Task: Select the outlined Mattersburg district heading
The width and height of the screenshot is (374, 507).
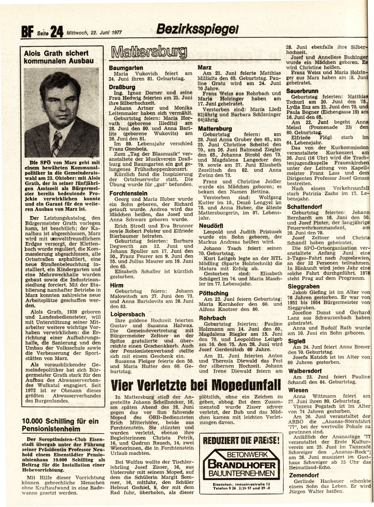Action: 149,53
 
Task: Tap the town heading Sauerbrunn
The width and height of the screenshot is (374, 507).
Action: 302,91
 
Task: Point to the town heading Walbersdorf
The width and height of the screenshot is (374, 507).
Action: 304,371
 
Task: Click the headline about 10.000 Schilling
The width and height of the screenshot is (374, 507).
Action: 60,425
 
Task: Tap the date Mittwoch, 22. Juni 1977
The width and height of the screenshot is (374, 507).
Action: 94,32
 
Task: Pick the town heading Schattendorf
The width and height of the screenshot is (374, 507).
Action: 305,206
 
